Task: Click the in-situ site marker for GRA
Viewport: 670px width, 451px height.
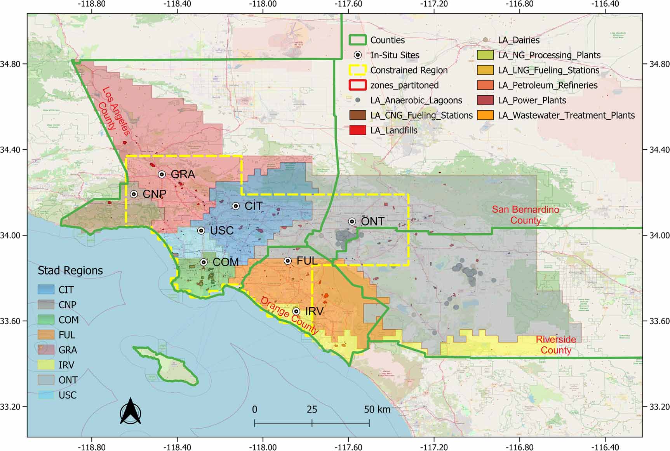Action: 162,175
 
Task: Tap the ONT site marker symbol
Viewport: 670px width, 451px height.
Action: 352,222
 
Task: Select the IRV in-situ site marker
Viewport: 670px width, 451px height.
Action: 296,311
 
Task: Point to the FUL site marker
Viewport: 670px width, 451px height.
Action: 288,261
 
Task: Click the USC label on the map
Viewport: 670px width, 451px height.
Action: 221,231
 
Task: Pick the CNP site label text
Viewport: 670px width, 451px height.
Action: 154,194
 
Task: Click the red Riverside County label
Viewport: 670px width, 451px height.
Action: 556,344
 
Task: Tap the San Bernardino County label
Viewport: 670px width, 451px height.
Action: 526,215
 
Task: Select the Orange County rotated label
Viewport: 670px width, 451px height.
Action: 289,316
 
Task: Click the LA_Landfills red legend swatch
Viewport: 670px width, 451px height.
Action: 357,130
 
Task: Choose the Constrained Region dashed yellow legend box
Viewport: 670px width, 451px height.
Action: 357,70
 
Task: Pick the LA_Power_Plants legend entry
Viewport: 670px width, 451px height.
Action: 532,100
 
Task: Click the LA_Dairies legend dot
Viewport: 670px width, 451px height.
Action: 485,40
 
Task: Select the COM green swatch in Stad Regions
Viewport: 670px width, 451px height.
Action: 46,320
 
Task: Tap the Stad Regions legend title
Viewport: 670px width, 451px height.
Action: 70,271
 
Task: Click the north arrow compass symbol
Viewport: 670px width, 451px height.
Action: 130,411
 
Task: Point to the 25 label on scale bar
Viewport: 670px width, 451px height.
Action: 312,409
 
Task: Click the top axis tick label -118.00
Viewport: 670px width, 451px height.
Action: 264,4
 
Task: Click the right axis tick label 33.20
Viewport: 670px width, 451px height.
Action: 659,407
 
